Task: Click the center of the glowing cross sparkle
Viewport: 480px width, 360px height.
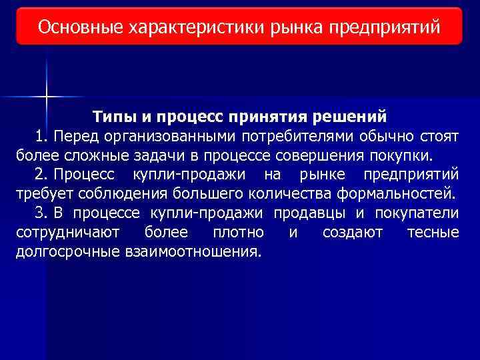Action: [47, 98]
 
